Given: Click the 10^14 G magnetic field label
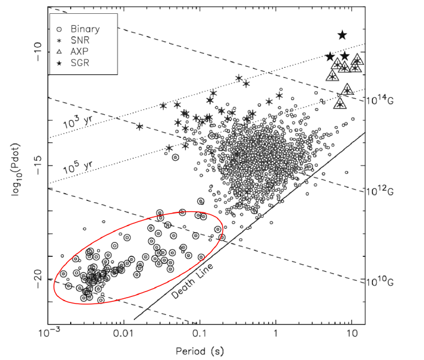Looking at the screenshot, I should point(380,98).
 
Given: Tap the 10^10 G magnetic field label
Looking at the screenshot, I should point(380,282).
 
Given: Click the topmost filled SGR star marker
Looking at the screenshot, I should point(342,35).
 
